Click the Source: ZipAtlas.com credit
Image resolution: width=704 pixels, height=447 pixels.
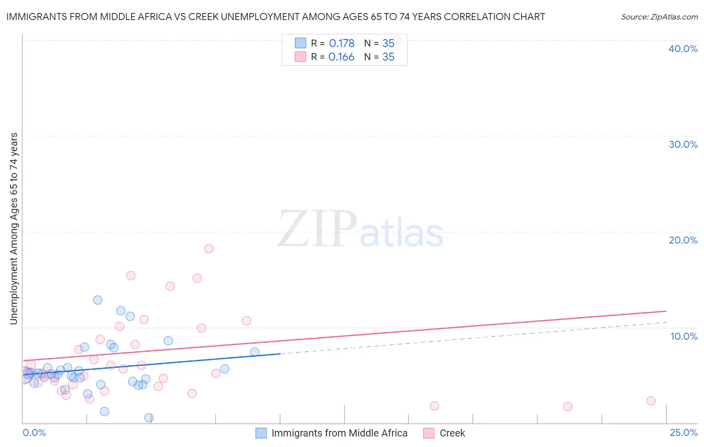(659, 17)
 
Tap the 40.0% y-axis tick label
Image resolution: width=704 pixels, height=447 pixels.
(683, 49)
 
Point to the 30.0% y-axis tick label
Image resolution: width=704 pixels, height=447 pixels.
(683, 144)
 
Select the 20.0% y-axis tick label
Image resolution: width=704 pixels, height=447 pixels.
(683, 240)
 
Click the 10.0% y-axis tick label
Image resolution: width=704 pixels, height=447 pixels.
(683, 336)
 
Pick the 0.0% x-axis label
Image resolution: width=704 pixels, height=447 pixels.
(34, 432)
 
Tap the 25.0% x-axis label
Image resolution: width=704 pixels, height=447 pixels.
(683, 432)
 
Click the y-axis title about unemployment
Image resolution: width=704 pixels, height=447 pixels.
(14, 229)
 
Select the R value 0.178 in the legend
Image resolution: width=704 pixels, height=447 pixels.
(341, 43)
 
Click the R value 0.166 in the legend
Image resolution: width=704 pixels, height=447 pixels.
(341, 57)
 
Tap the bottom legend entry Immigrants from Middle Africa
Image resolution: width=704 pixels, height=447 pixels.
(339, 433)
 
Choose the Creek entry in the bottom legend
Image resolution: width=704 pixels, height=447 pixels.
(452, 433)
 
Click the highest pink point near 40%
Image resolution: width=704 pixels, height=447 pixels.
(397, 40)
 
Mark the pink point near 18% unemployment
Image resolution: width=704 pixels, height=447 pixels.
(209, 249)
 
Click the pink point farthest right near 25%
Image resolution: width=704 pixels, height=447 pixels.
(651, 401)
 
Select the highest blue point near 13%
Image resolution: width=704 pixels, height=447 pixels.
(98, 300)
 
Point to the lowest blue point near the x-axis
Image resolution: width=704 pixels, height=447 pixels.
(149, 418)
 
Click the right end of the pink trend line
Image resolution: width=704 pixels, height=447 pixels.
(666, 311)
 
